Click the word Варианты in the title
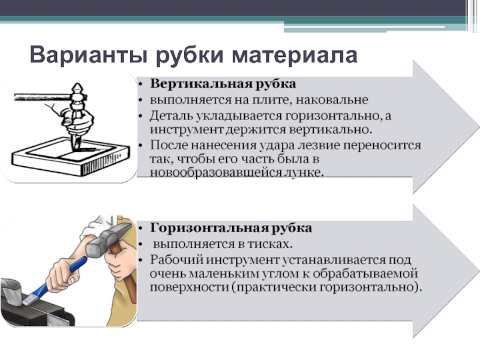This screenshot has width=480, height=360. click(x=88, y=55)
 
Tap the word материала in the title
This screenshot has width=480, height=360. click(x=295, y=55)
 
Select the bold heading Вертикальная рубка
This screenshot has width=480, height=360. click(x=223, y=84)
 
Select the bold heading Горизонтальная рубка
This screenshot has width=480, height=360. click(x=231, y=228)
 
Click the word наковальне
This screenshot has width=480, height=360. click(x=332, y=100)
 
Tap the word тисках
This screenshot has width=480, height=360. click(x=270, y=244)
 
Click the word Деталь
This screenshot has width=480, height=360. click(x=171, y=116)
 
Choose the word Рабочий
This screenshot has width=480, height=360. click(x=176, y=260)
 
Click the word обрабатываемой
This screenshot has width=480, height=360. click(x=365, y=274)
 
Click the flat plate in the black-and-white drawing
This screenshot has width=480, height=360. click(x=70, y=156)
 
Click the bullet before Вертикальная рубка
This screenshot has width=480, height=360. click(x=140, y=84)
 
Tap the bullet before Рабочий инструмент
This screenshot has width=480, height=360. click(x=140, y=260)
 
